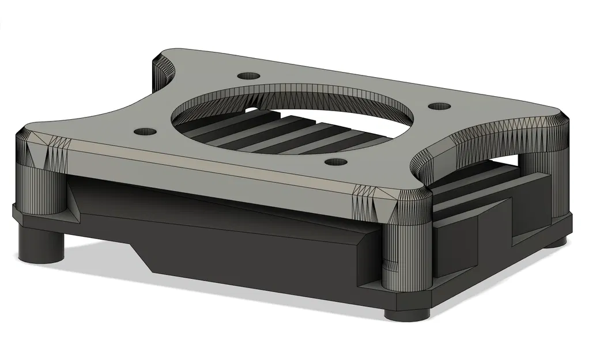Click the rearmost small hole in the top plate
coord(248,76)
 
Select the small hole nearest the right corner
coord(439,107)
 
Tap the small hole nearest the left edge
coord(145,131)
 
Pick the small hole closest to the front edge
coord(335,161)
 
